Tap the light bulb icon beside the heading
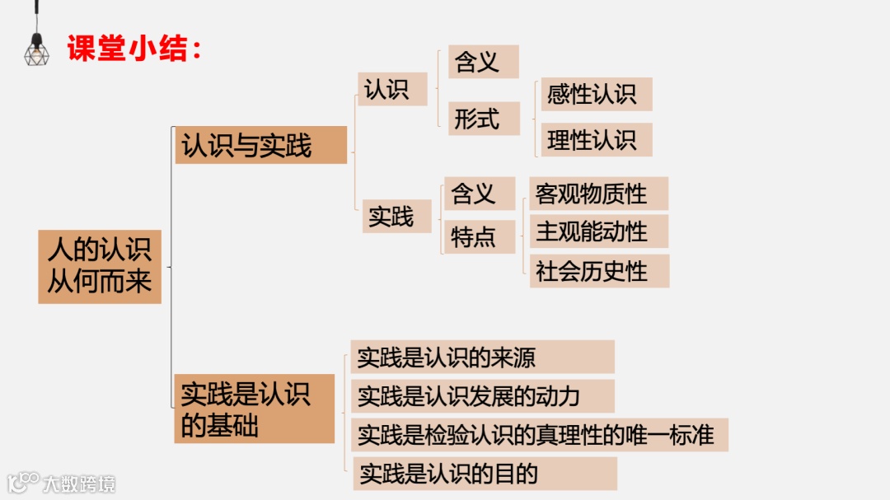pyautogui.click(x=36, y=44)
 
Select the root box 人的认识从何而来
pyautogui.click(x=100, y=267)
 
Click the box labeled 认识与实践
pyautogui.click(x=260, y=145)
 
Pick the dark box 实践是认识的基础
pyautogui.click(x=254, y=409)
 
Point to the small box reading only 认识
pyautogui.click(x=392, y=89)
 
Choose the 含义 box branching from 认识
pyautogui.click(x=483, y=62)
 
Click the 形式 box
pyautogui.click(x=483, y=119)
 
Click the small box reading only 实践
pyautogui.click(x=396, y=217)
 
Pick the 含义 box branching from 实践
pyautogui.click(x=479, y=194)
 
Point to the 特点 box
pyautogui.click(x=479, y=237)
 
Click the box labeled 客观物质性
pyautogui.click(x=597, y=194)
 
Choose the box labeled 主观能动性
pyautogui.click(x=597, y=231)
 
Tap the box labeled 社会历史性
pyautogui.click(x=598, y=271)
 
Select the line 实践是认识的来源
pyautogui.click(x=482, y=357)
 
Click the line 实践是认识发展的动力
pyautogui.click(x=482, y=396)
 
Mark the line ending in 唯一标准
pyautogui.click(x=540, y=434)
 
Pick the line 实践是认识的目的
pyautogui.click(x=485, y=474)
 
